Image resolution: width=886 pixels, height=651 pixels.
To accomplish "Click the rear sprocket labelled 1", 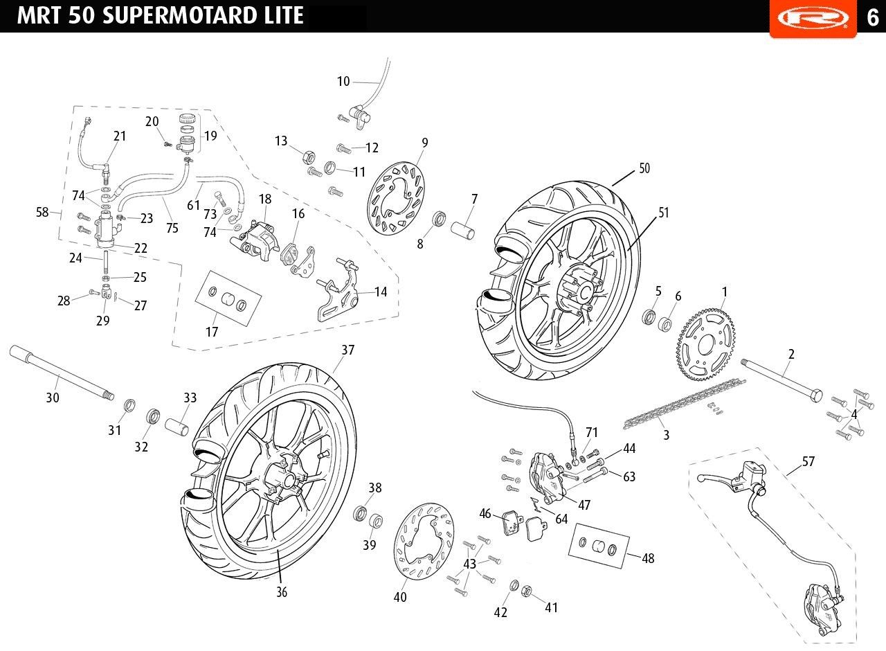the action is [705, 346].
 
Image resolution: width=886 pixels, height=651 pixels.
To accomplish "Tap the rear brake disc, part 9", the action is [396, 198].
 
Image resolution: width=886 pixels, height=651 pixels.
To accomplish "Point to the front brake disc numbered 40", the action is [424, 542].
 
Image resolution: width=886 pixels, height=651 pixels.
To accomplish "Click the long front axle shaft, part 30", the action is [62, 373].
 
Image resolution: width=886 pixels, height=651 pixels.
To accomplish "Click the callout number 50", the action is [644, 168].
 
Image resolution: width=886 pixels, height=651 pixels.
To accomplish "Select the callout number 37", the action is [347, 350].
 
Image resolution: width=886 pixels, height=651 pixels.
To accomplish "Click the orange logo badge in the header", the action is [813, 19].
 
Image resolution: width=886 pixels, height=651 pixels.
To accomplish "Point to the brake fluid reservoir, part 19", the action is [186, 133].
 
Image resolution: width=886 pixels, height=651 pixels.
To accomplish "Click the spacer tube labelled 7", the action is [463, 231].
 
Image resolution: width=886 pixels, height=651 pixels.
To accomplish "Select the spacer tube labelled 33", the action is [177, 427].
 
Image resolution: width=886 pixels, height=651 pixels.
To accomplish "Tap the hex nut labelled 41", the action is [526, 591].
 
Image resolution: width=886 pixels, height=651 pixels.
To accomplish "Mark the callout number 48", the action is [648, 558].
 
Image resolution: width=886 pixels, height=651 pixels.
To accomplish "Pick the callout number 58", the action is [42, 212].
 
